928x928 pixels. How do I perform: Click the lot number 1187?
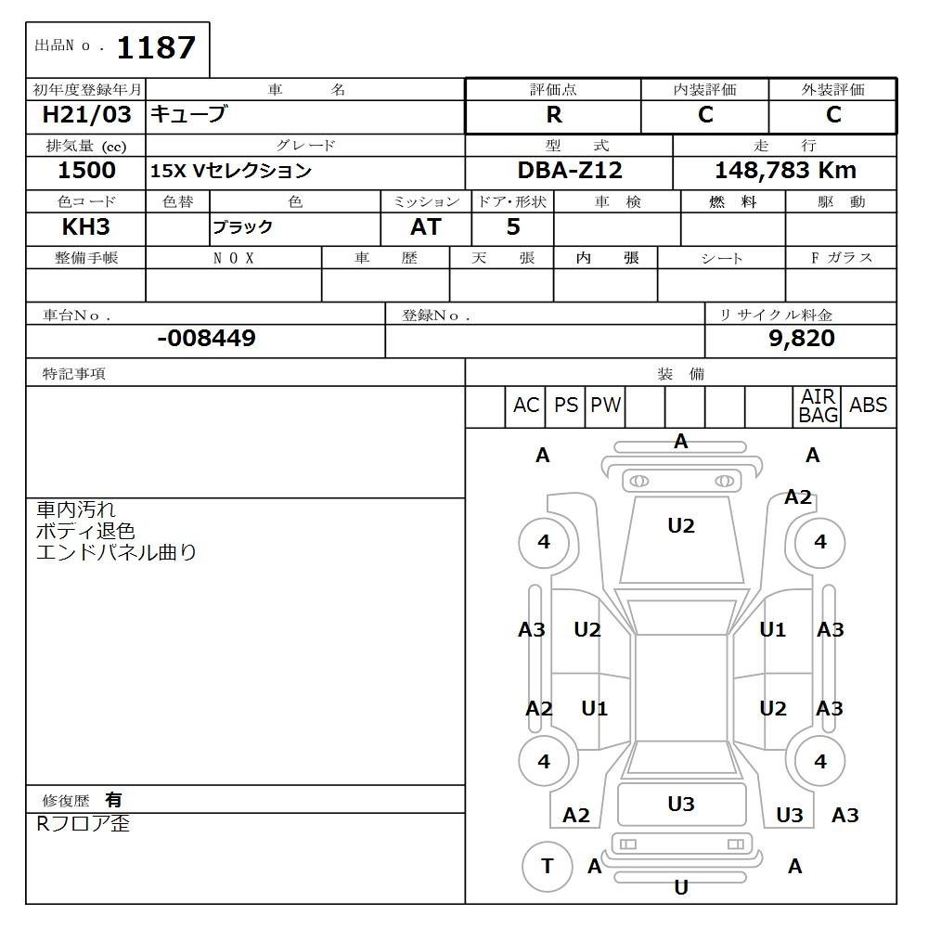155,47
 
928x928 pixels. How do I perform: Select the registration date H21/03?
87,115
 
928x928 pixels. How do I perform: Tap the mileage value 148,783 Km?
785,171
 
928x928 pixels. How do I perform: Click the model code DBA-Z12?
570,171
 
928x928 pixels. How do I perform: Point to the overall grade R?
554,115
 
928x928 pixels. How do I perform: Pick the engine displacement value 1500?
86,171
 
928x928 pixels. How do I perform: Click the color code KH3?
86,227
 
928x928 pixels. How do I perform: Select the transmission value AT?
426,227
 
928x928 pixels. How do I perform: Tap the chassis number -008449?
206,339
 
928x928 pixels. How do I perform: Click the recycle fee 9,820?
802,339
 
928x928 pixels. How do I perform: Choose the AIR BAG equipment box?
818,406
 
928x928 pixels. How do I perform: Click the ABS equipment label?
869,406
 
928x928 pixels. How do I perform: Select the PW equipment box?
606,406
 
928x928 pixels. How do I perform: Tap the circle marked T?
547,867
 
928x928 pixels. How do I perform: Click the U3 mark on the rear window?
681,805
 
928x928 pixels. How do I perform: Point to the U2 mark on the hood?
681,526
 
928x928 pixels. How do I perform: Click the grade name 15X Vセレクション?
232,172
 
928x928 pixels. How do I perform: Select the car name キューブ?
188,115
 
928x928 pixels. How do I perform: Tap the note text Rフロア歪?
83,824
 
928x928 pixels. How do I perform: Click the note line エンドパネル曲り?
116,553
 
